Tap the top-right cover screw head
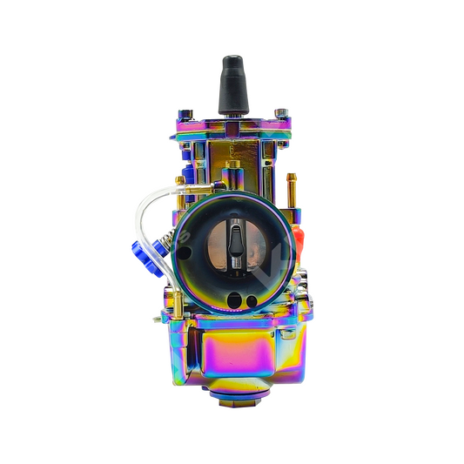pyautogui.click(x=280, y=112)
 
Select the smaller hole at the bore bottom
pyautogui.click(x=252, y=301)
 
